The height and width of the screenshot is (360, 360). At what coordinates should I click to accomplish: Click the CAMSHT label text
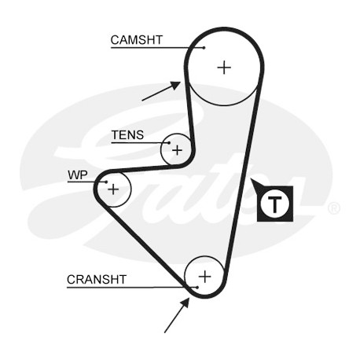137,40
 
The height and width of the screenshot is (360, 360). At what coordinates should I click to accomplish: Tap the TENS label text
127,135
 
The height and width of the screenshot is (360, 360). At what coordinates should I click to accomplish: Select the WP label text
78,174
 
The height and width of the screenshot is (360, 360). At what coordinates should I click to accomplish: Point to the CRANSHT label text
97,280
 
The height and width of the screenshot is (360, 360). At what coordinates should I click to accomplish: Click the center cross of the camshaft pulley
224,68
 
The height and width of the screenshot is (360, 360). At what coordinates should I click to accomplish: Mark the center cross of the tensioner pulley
177,150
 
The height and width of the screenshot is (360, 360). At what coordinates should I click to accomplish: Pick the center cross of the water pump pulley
113,189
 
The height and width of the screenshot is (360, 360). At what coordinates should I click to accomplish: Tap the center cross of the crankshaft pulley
205,277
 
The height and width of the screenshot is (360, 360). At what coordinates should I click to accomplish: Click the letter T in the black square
275,204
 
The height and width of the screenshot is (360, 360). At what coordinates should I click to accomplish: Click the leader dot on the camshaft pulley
204,47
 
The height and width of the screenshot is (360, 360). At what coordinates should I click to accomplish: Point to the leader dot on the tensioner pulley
169,143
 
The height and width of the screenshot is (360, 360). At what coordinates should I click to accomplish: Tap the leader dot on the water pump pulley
106,182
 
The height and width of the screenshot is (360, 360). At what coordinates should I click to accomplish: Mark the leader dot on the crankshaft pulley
197,288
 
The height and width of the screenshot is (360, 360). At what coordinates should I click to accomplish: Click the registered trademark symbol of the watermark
334,208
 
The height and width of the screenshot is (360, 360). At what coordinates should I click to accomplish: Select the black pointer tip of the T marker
251,179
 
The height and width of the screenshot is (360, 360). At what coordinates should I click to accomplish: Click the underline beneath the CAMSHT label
157,48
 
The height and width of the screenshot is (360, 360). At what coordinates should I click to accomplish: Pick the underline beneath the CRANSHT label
132,288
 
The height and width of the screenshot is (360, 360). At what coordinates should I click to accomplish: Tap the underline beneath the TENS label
140,143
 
